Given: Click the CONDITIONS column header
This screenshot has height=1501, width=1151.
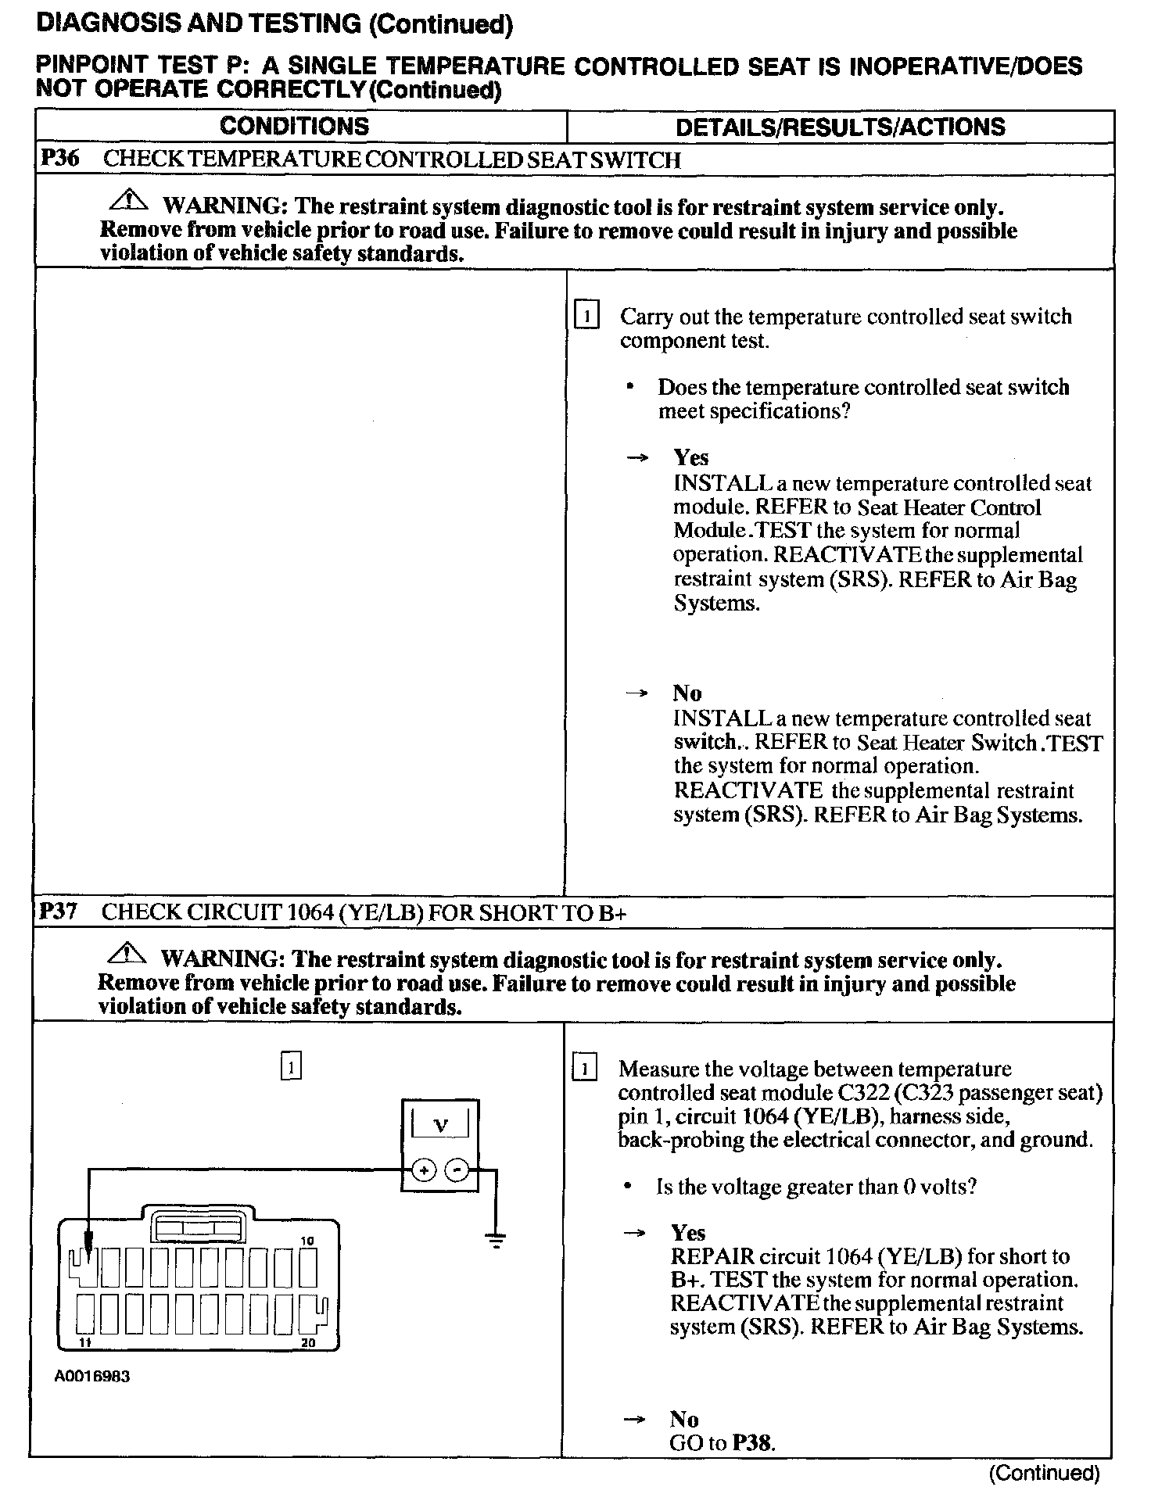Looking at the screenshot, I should pyautogui.click(x=294, y=126).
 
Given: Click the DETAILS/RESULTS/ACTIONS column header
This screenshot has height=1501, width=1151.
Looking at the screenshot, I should pyautogui.click(x=840, y=127).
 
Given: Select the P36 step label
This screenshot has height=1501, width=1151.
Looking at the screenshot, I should pyautogui.click(x=59, y=159).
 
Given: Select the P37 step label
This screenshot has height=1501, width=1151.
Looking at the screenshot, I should pyautogui.click(x=59, y=912).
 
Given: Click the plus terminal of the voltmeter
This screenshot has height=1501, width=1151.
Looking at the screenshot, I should pyautogui.click(x=423, y=1170).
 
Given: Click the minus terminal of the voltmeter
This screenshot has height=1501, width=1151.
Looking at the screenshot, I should pyautogui.click(x=457, y=1170).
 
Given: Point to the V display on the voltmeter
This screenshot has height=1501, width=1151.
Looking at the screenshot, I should pyautogui.click(x=440, y=1126).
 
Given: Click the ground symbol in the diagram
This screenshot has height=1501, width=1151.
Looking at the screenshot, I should pyautogui.click(x=496, y=1239).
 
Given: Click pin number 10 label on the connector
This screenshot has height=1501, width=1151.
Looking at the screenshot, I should pyautogui.click(x=307, y=1241).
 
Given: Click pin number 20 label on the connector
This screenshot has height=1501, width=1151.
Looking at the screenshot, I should pyautogui.click(x=307, y=1343).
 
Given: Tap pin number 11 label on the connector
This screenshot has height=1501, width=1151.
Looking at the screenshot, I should pyautogui.click(x=84, y=1343).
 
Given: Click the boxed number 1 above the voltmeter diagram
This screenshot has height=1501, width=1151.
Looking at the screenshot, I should pyautogui.click(x=290, y=1066).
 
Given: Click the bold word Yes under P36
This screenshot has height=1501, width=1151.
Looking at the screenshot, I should pyautogui.click(x=691, y=457).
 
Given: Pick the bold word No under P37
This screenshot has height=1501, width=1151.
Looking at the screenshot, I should pyautogui.click(x=683, y=1419).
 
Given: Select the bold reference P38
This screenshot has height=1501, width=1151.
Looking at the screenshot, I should pyautogui.click(x=753, y=1443).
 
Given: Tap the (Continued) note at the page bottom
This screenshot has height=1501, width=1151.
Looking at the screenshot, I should pyautogui.click(x=1044, y=1474).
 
